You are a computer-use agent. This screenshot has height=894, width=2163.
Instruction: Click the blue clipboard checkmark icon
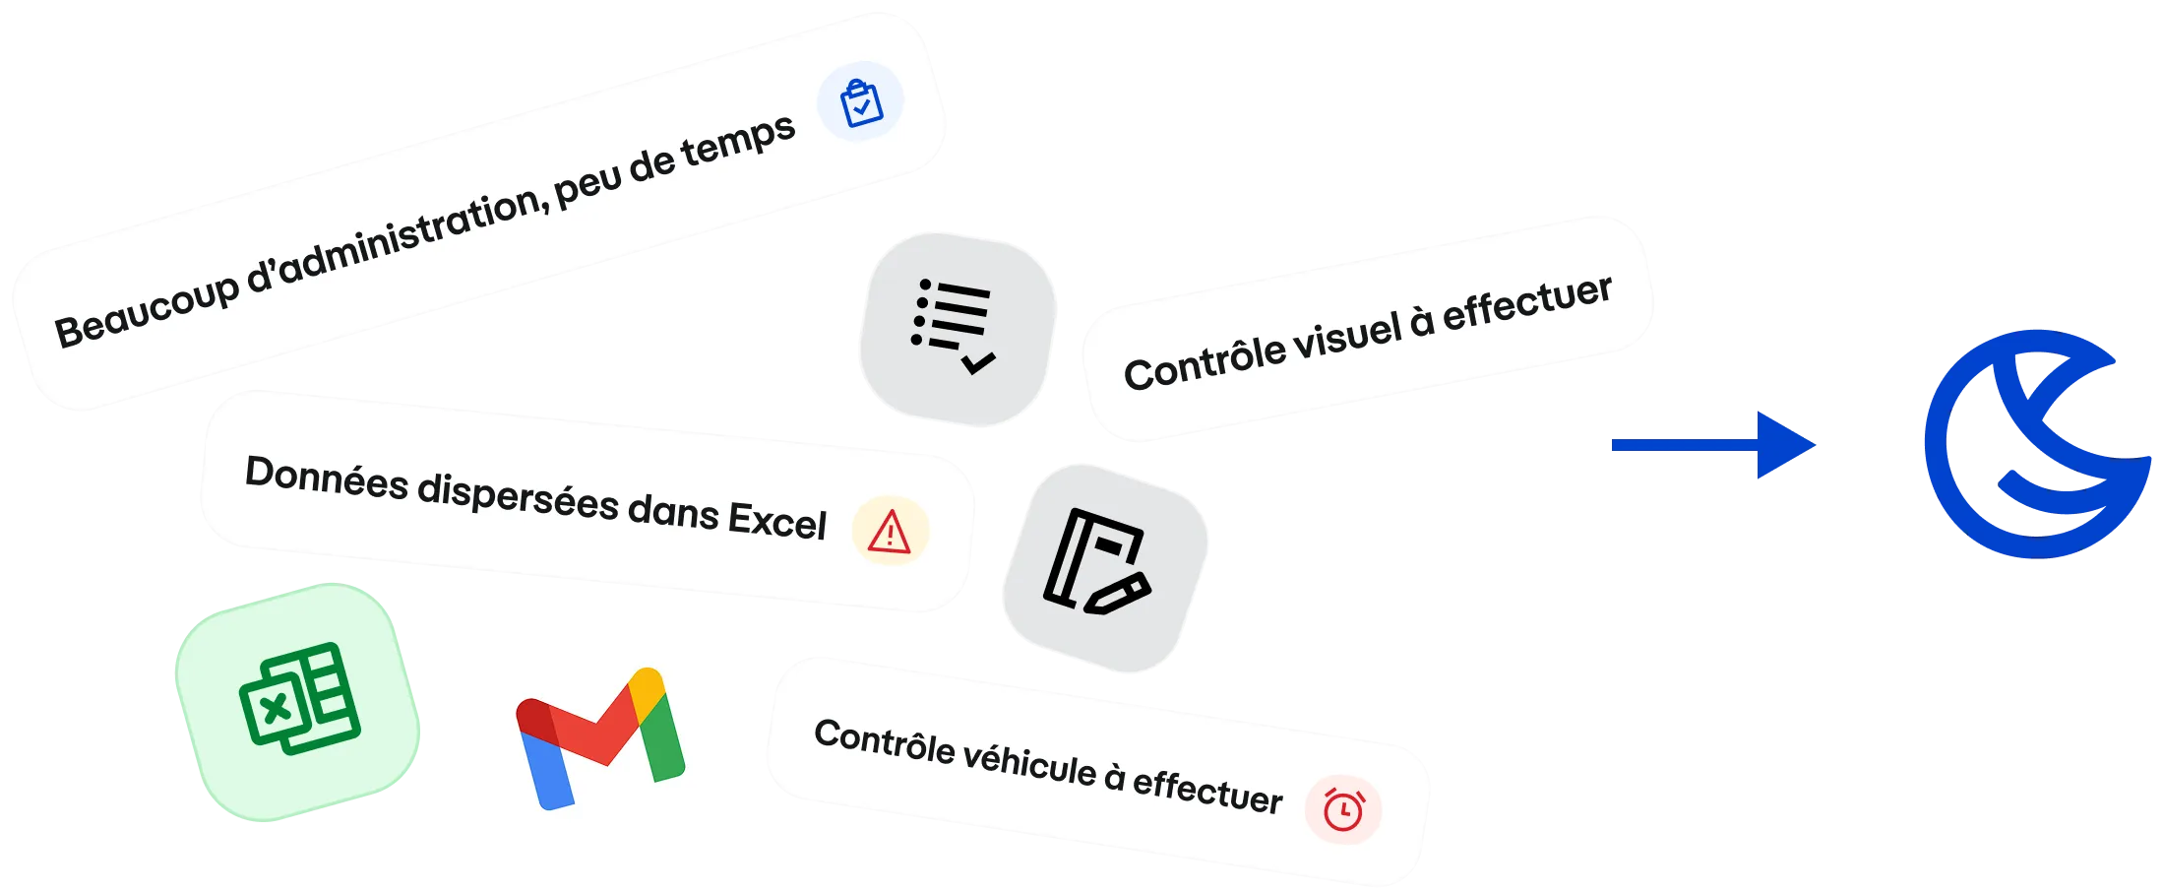coord(861,101)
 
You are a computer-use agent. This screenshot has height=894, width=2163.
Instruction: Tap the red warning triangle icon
coord(890,532)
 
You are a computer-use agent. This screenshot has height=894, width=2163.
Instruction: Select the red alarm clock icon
coord(1343,808)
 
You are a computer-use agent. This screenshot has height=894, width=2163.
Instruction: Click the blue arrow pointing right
coord(1712,446)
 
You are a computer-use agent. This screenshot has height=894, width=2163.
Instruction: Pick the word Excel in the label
coord(776,519)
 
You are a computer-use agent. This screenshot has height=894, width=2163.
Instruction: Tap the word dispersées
coord(518,496)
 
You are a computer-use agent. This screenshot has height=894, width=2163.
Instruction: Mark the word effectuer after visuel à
coord(1526,301)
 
